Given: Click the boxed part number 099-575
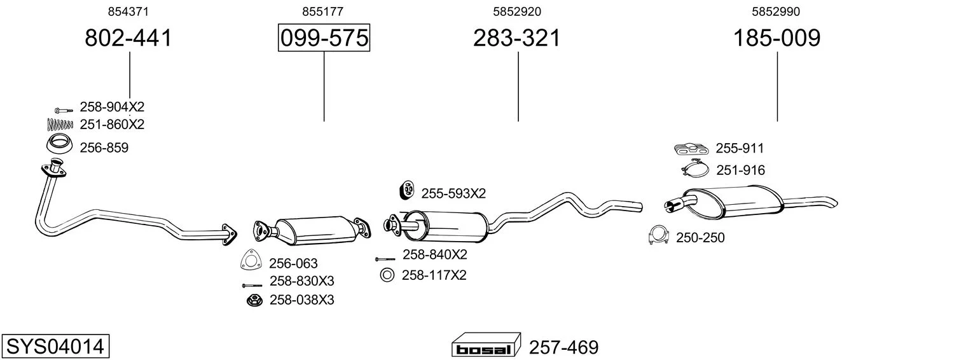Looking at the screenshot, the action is tap(324, 38).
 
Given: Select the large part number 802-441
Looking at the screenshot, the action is tap(128, 38).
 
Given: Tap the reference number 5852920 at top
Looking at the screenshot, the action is tap(517, 11).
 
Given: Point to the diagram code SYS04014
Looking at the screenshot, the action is tap(55, 347).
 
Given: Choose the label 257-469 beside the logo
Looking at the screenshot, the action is tap(564, 347).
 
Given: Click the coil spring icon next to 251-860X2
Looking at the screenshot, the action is tap(60, 124).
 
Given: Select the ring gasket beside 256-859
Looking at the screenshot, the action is tap(59, 144).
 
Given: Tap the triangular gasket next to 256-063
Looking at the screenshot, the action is tap(250, 260).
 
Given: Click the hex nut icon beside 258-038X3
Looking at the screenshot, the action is tap(254, 300).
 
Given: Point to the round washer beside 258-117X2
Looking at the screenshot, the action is tap(387, 275).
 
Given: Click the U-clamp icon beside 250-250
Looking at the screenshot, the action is tap(658, 235).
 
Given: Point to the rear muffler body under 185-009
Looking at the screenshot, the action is tap(734, 202).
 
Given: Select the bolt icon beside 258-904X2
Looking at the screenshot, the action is tap(64, 110).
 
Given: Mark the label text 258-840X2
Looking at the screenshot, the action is tap(435, 254).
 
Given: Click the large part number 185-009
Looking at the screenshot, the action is tap(777, 38).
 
